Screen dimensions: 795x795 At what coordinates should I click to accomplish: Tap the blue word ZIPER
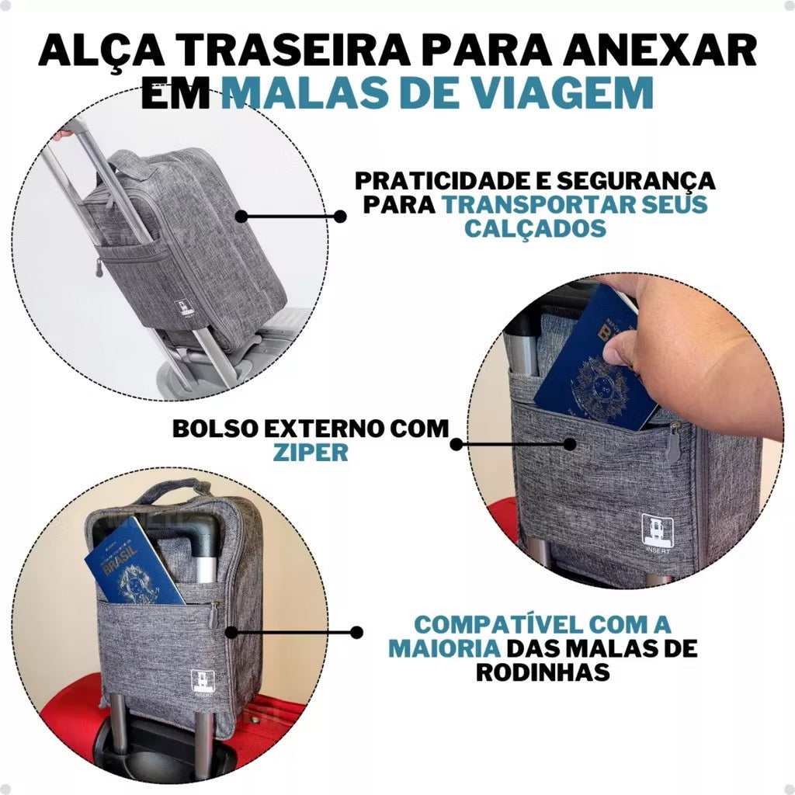tap(310, 453)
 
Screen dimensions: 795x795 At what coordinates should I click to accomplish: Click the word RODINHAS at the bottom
tap(543, 672)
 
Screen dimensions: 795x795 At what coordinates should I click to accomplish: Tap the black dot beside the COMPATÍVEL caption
tap(356, 633)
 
